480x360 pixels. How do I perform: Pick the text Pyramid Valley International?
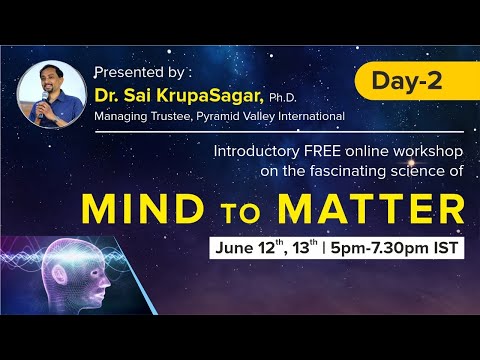(x=285, y=116)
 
